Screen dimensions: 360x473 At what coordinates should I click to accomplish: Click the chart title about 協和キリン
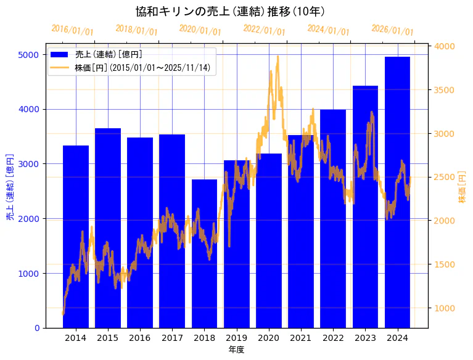coord(231,11)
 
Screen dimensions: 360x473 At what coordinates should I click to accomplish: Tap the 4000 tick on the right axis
coord(445,46)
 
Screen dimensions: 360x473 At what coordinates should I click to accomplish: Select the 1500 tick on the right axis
coord(445,264)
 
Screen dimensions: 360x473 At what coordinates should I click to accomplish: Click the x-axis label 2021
coord(301,338)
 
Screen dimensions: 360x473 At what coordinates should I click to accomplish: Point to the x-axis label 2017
coord(172,338)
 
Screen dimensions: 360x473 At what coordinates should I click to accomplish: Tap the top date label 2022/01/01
coord(264,30)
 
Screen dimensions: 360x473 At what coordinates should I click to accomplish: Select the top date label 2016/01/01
coord(72,30)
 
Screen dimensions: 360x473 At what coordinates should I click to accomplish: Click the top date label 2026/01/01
coord(393,30)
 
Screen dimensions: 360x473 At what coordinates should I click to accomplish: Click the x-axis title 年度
coord(236,350)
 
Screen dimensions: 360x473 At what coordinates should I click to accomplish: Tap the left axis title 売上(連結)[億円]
coord(10,187)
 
